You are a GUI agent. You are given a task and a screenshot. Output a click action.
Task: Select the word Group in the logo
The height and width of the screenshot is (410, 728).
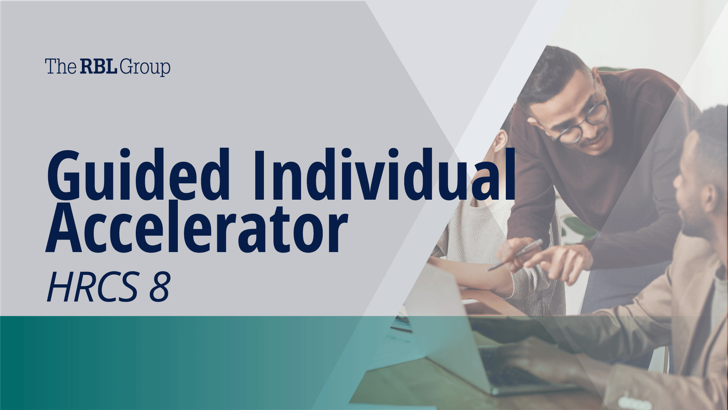coord(144,68)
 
